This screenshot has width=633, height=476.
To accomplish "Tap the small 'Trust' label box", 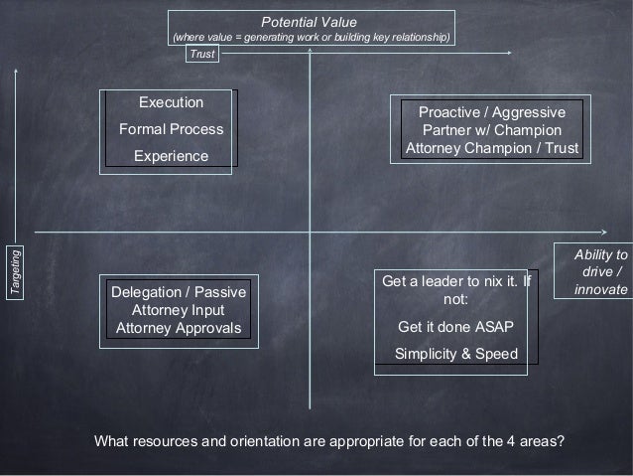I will [x=202, y=55].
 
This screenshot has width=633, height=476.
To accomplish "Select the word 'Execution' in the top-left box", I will [x=171, y=103].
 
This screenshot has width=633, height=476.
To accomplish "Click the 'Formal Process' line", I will [x=171, y=129].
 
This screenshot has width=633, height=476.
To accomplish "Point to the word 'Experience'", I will [x=172, y=156].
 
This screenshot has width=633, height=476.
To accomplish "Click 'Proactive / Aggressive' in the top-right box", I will [x=492, y=112].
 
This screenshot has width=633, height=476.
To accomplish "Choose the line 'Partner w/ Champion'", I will [x=491, y=130].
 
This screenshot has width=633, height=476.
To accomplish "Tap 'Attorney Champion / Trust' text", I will [x=491, y=148].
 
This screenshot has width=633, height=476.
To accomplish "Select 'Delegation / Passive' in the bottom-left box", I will [x=179, y=293].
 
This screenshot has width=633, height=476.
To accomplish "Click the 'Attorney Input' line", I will [x=179, y=310].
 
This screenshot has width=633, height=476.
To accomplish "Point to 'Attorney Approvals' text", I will [x=179, y=328].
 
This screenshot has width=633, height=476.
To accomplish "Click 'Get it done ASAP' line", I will [x=455, y=328].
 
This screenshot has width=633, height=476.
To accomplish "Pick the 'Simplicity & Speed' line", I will [x=455, y=354].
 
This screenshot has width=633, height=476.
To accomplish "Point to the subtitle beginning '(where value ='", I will [x=312, y=38].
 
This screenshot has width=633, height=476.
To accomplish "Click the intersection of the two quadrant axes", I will [x=311, y=233].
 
